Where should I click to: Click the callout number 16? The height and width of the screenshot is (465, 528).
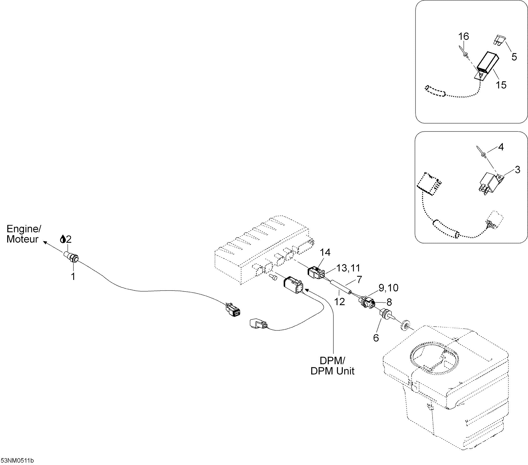463,36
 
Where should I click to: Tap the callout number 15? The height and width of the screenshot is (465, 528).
501,85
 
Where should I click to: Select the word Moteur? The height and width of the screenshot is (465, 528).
22,239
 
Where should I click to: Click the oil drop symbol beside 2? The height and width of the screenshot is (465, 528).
63,239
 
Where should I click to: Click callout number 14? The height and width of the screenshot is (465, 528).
325,252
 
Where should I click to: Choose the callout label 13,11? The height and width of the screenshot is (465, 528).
348,268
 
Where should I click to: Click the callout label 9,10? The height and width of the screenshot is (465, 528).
388,288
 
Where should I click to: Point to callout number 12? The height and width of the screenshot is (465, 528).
339,302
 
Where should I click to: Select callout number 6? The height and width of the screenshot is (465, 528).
376,338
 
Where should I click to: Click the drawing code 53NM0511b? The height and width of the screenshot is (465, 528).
17,461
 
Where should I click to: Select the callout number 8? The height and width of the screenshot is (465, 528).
389,302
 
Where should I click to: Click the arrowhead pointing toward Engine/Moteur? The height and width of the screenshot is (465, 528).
45,242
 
